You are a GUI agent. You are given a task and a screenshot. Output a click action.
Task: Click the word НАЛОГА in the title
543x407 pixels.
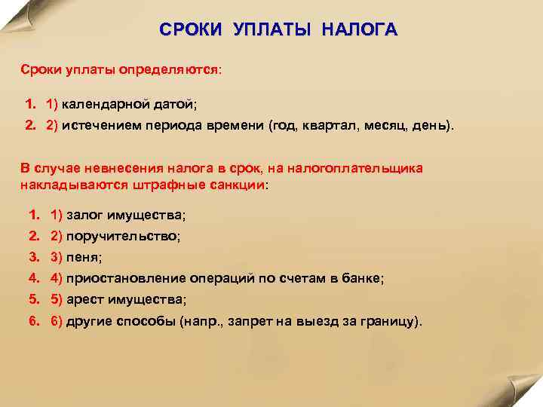point(359,30)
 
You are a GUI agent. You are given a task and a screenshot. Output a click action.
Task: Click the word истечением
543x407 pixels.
point(100,124)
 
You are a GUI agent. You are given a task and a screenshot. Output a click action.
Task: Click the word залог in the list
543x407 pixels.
point(87,215)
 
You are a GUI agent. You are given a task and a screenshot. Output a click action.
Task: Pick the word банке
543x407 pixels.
point(364,278)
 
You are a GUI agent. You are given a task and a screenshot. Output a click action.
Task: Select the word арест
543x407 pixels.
point(85,299)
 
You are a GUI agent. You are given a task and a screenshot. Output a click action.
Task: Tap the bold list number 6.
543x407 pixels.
point(33,320)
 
